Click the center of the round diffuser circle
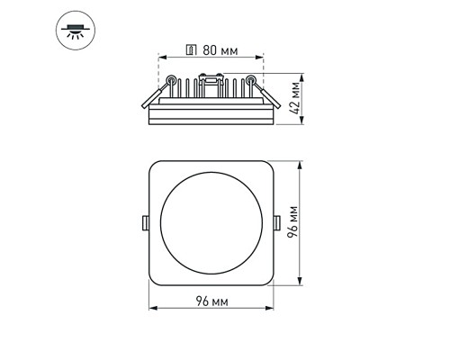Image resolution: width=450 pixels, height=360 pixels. [211, 223]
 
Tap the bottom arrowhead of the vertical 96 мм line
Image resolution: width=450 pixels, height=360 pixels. [296, 283]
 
